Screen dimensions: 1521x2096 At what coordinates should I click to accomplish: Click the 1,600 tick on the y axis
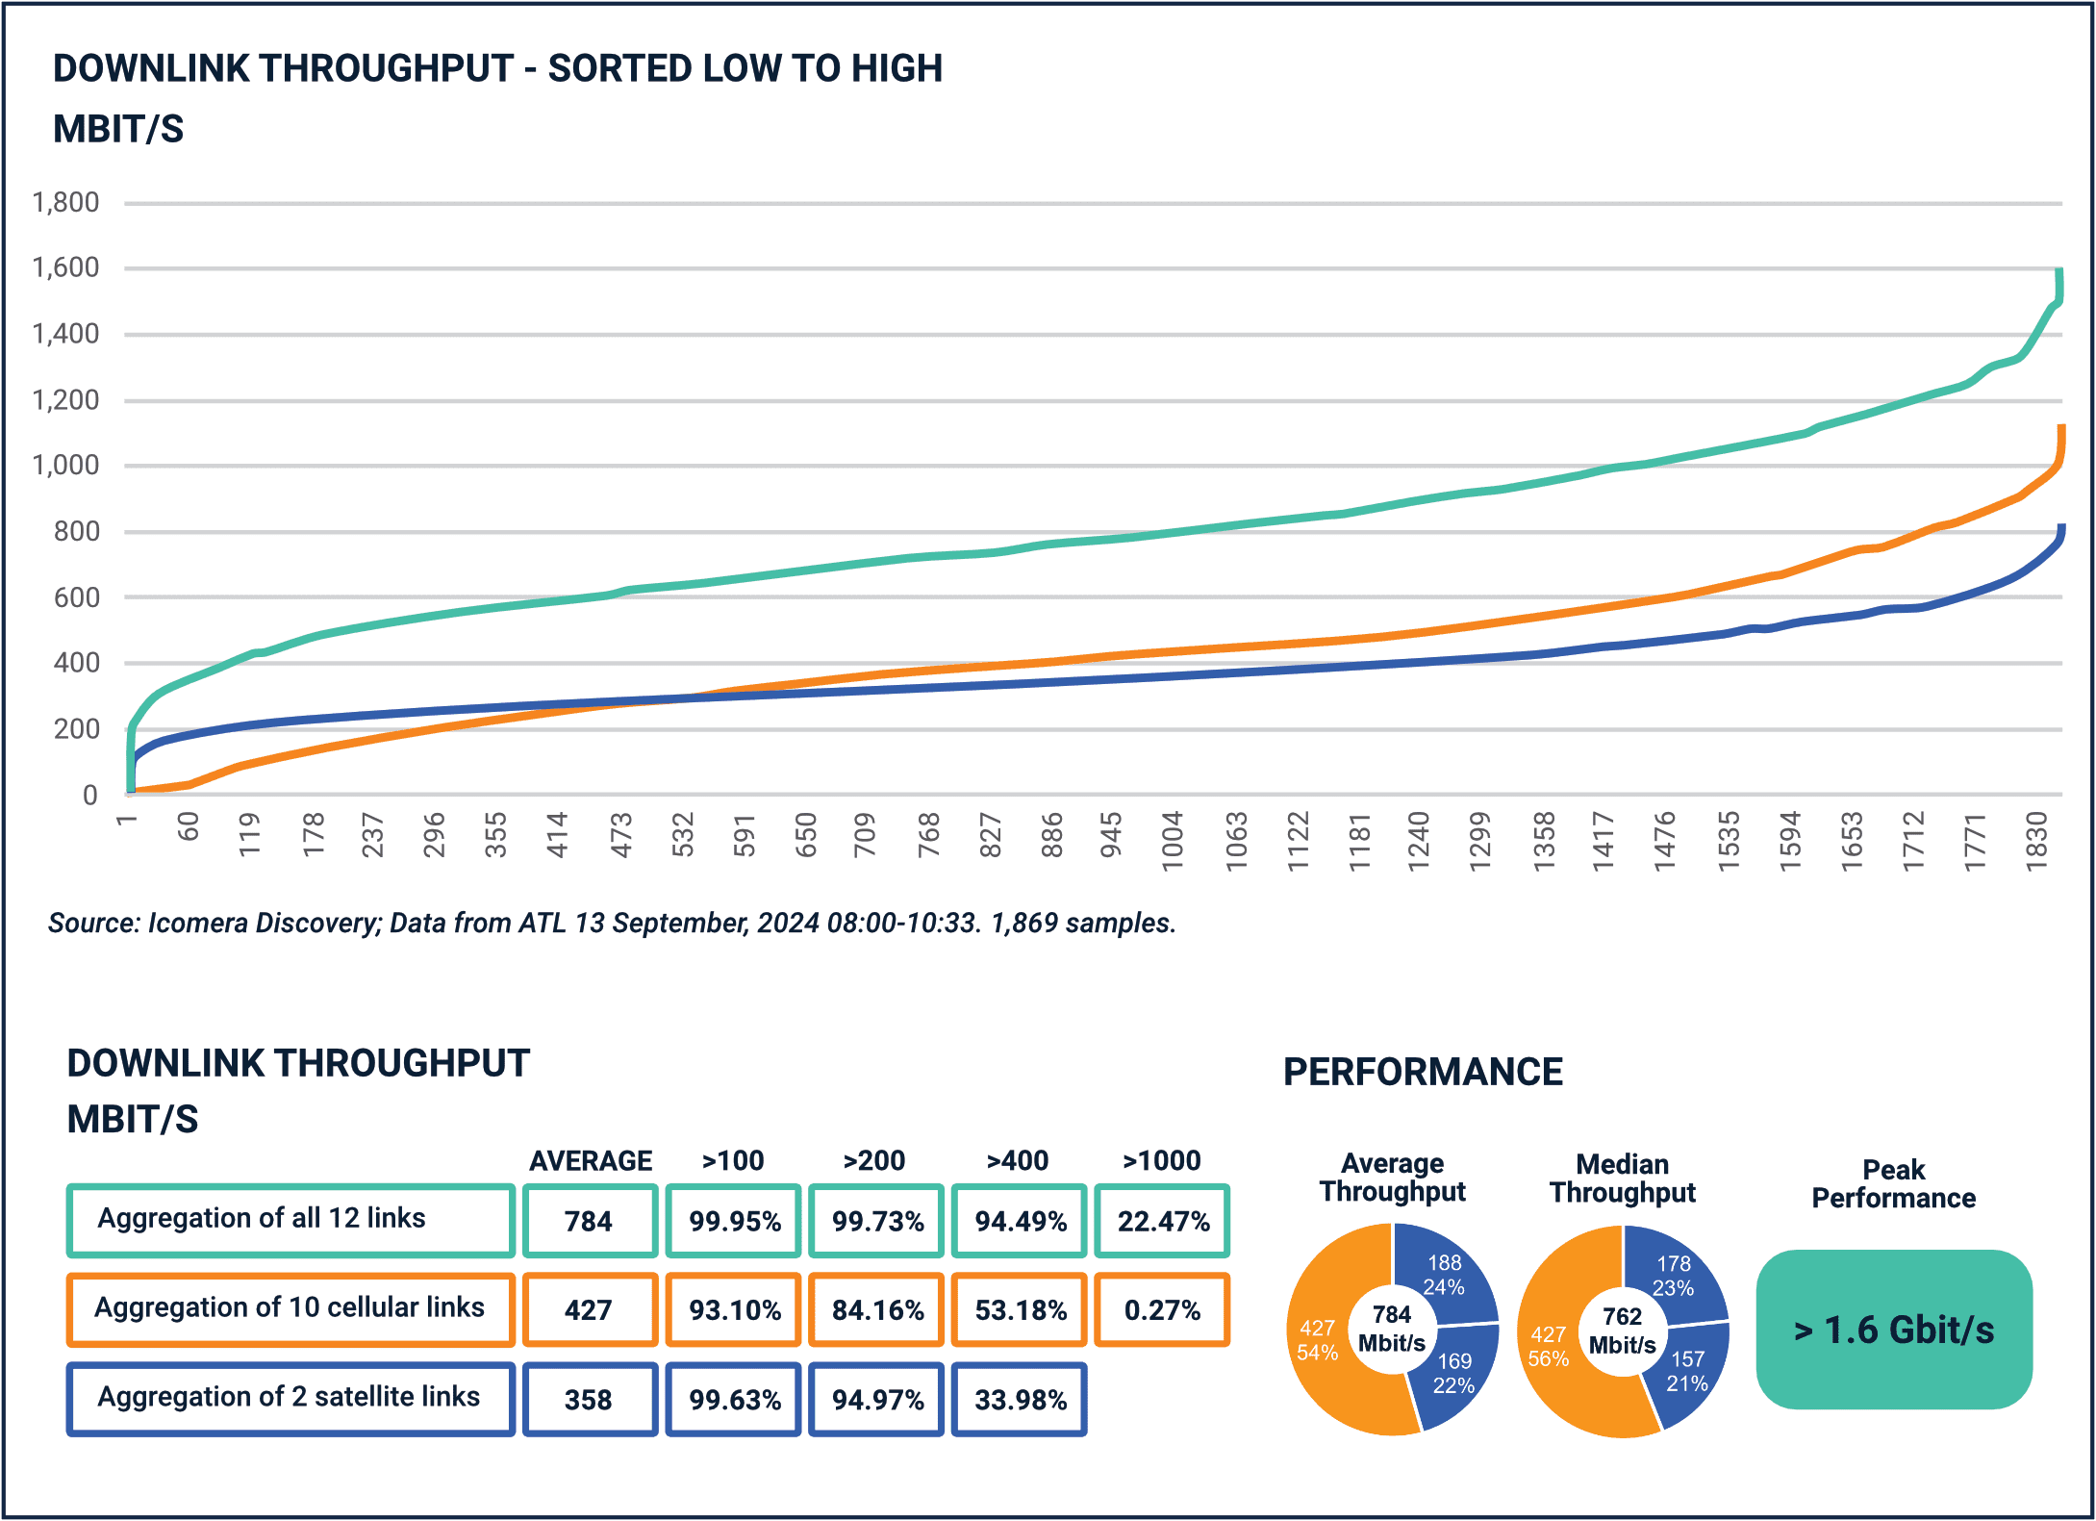[65, 267]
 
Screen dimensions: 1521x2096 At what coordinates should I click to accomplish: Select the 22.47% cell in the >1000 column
[1162, 1222]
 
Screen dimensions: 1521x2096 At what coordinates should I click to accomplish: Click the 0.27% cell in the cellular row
[1162, 1310]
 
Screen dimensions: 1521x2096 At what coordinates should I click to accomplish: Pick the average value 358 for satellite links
[589, 1400]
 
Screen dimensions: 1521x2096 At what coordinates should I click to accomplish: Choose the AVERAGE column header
[591, 1161]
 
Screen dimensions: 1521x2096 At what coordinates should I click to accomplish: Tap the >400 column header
[1018, 1161]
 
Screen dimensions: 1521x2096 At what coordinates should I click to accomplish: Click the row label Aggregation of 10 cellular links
[290, 1307]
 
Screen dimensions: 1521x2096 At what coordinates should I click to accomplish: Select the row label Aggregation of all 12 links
[262, 1219]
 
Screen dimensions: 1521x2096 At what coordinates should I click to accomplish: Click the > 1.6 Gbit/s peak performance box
[1894, 1330]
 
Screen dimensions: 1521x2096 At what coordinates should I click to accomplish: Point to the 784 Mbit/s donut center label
[1392, 1329]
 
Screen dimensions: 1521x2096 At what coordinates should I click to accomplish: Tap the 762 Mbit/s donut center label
[1623, 1331]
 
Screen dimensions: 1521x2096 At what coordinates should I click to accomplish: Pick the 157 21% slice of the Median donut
[1687, 1372]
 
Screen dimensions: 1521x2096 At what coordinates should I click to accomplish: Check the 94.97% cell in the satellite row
[877, 1400]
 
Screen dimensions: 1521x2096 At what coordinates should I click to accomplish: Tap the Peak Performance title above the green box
[1893, 1184]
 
